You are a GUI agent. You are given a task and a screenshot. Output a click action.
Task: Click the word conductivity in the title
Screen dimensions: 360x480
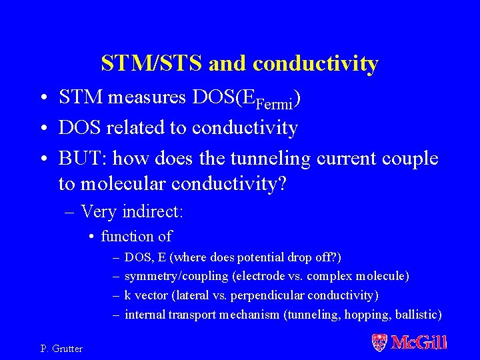[x=316, y=64]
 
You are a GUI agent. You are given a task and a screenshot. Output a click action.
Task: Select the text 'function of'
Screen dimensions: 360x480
[x=136, y=236]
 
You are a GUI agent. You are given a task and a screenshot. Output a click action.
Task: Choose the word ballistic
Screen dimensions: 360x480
[x=416, y=315]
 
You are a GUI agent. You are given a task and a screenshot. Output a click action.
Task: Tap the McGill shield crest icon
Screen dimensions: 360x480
[x=379, y=343]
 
